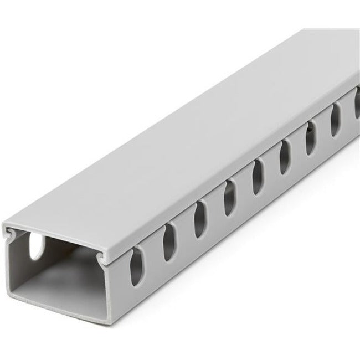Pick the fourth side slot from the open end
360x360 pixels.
(x=228, y=197)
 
